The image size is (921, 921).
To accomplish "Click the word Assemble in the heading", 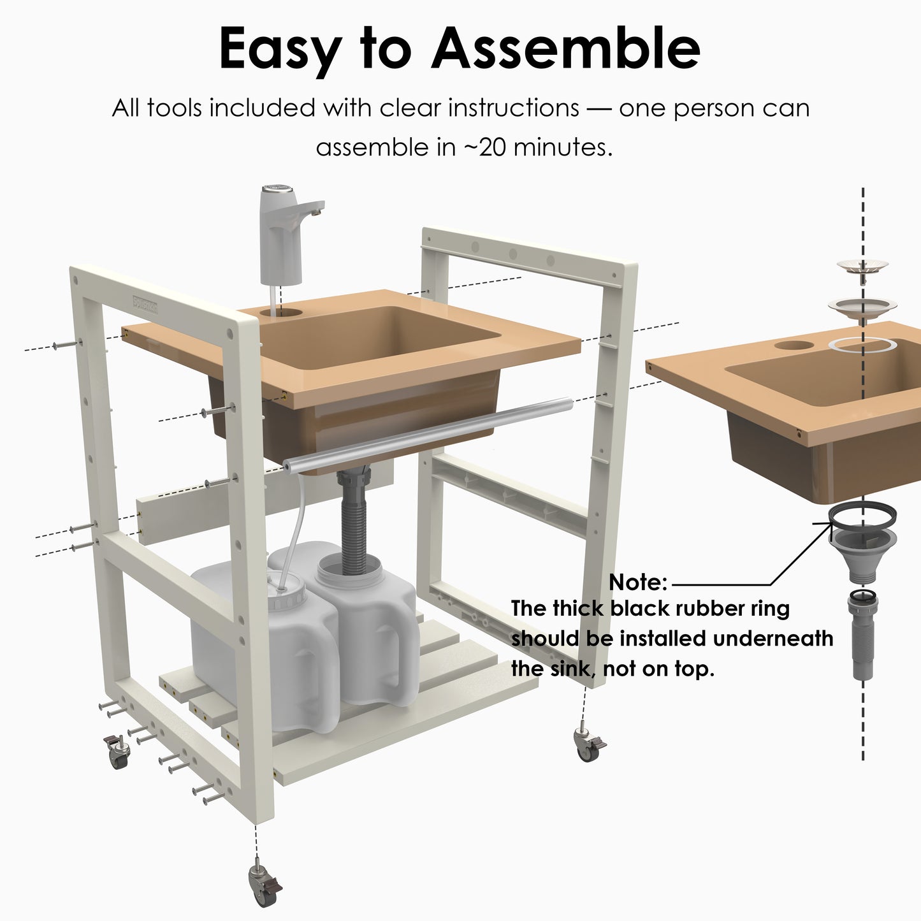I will (565, 49).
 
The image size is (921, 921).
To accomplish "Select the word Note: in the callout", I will (637, 582).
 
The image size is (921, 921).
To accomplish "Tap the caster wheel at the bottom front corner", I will (265, 886).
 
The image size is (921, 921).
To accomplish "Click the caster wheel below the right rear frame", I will (588, 745).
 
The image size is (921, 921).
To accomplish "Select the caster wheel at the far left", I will (117, 752).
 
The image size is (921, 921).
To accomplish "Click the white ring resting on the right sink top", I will (862, 345).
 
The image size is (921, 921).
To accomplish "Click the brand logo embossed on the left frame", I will (145, 304).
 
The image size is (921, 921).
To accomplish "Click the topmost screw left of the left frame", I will (67, 345).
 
